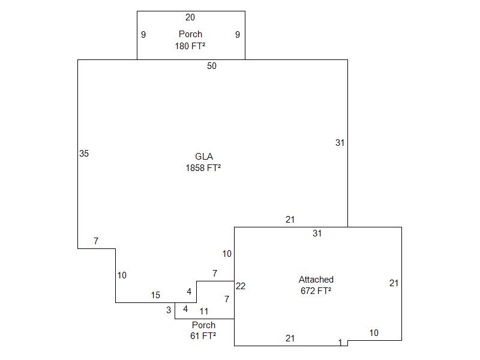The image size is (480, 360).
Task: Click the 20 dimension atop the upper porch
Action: (x=190, y=17)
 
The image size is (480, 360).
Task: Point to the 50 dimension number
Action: (x=212, y=66)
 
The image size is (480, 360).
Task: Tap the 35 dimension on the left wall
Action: (x=84, y=154)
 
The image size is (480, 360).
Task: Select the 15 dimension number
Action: (x=155, y=295)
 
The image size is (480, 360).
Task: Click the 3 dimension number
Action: (x=169, y=310)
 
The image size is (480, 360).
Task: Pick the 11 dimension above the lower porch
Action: (x=204, y=311)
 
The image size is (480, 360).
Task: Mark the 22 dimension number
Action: (x=241, y=286)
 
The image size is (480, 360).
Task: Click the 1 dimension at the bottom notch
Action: (x=340, y=343)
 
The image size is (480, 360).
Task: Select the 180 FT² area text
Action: (x=190, y=46)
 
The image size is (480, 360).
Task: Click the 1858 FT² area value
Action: (x=203, y=169)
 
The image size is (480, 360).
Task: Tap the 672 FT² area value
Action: (x=316, y=291)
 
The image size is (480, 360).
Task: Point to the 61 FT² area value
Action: (x=203, y=336)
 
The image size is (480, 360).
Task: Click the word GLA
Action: (x=204, y=157)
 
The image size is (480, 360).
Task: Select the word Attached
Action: (x=316, y=280)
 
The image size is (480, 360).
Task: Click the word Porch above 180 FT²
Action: (x=190, y=34)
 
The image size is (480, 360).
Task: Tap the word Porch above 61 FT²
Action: (x=204, y=325)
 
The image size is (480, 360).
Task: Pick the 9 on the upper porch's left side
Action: (x=143, y=35)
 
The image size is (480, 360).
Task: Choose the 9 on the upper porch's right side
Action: (x=238, y=35)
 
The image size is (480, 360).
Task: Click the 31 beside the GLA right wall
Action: (x=340, y=143)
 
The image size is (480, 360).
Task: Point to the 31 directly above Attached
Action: (x=317, y=233)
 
